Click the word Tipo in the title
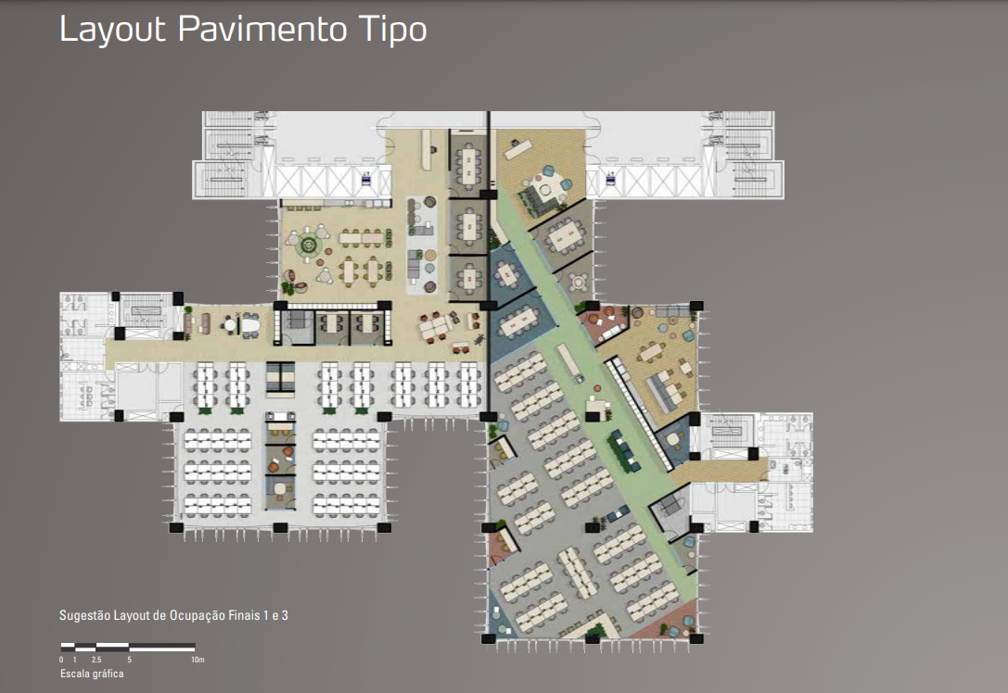[393, 30]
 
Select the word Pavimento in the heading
[262, 29]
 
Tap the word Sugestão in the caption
[85, 615]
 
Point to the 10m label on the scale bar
[198, 660]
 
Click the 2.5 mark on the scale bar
[96, 660]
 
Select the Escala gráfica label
[92, 674]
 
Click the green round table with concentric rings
[309, 245]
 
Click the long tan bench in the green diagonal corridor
[568, 362]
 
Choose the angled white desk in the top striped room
[521, 149]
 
